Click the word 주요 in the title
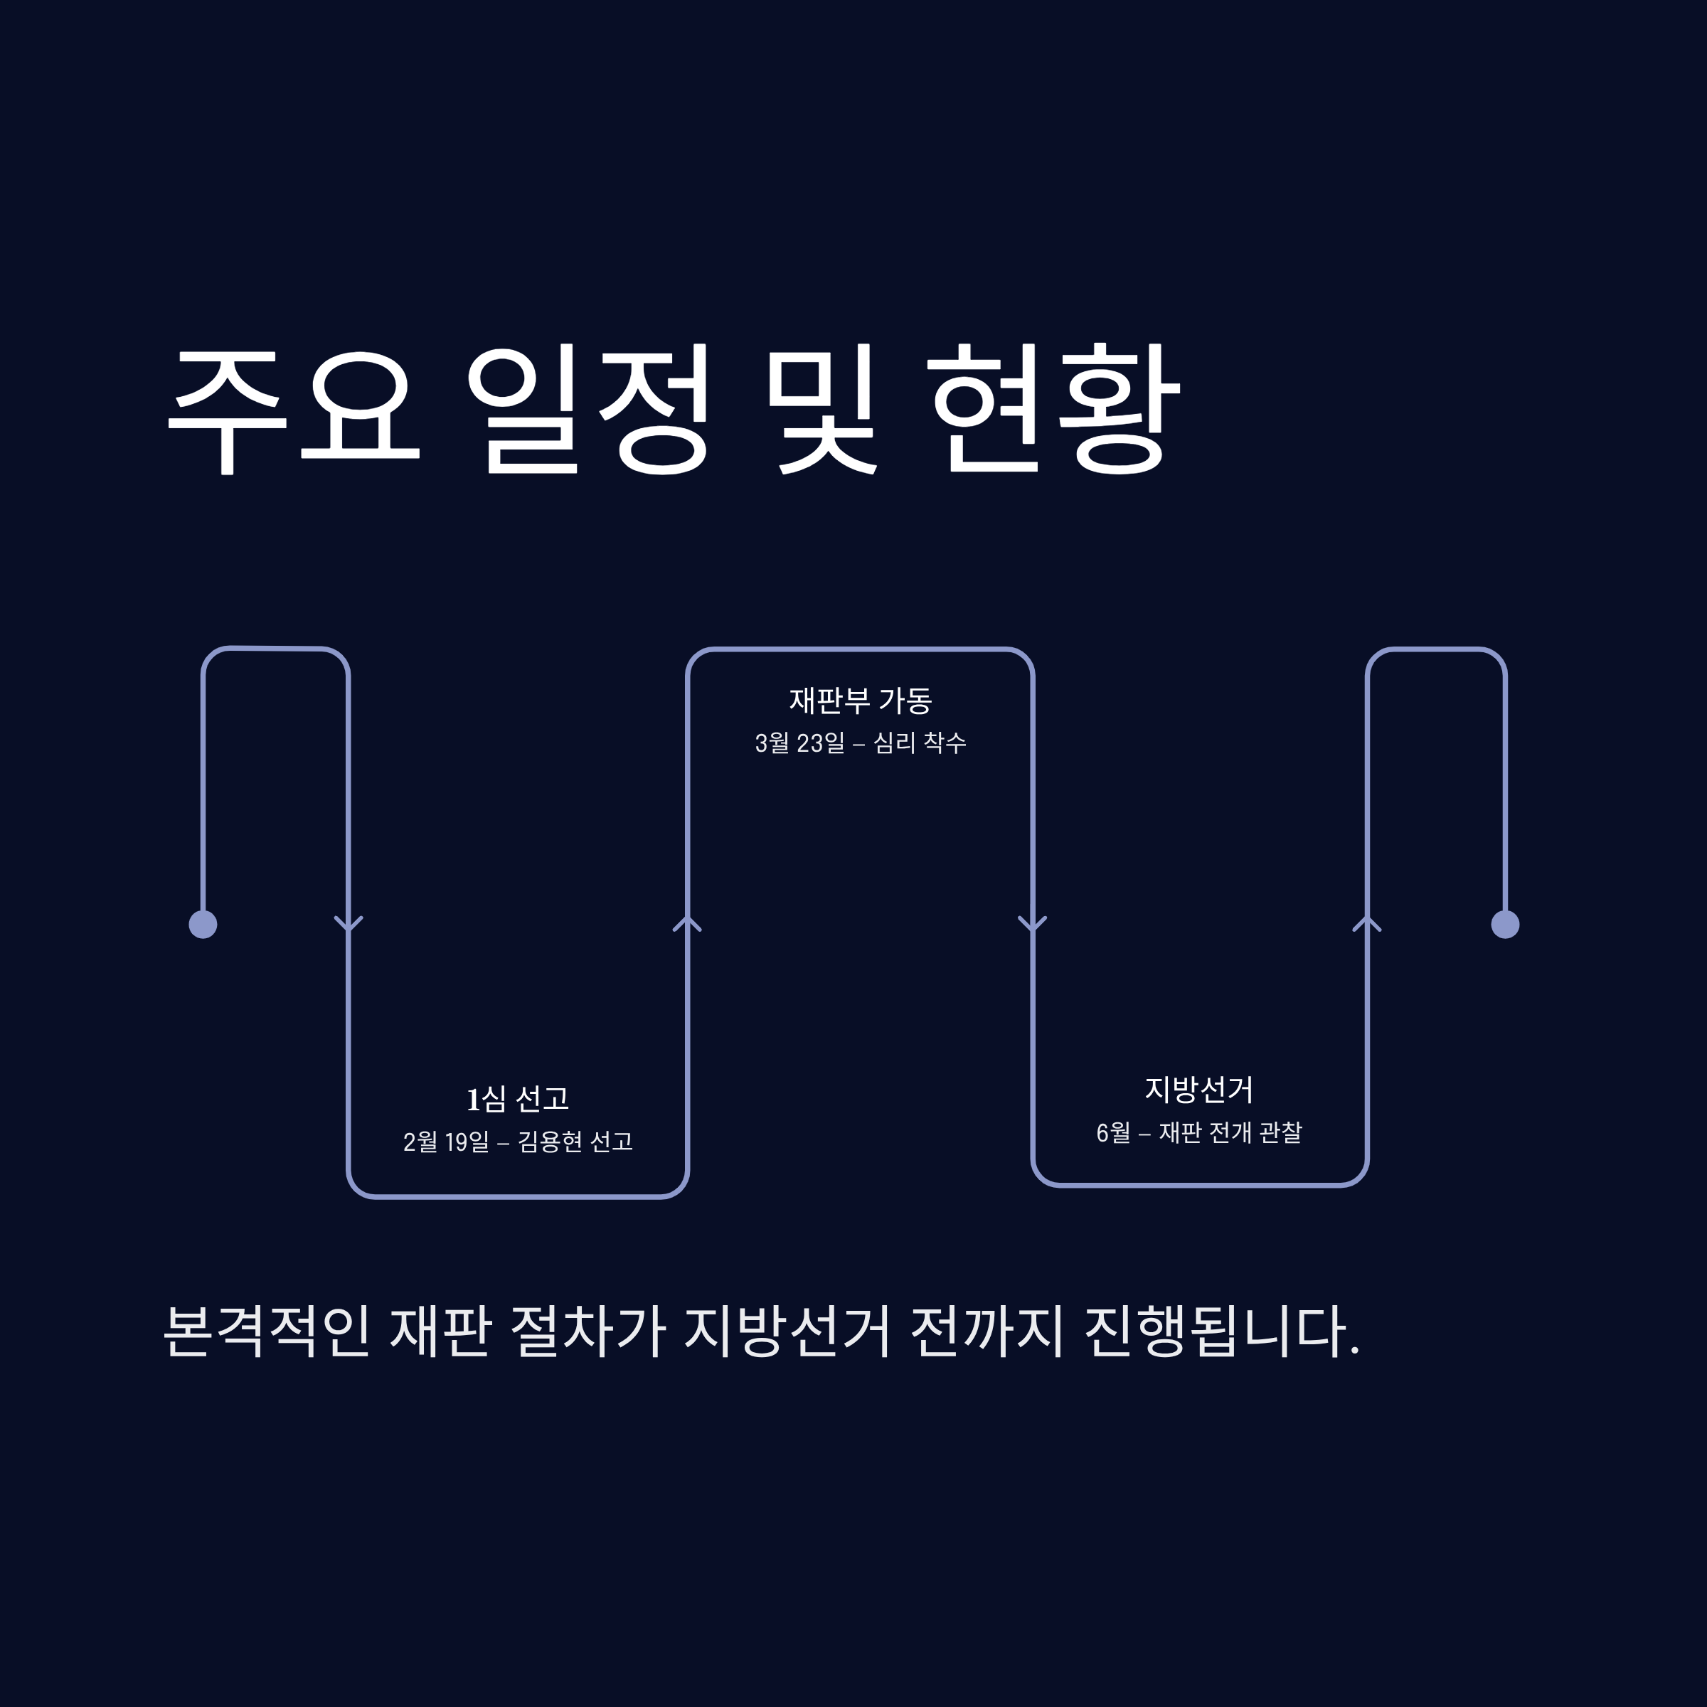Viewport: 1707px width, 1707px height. (292, 409)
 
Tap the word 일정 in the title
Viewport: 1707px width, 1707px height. (588, 409)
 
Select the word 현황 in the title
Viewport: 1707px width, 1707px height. (1055, 409)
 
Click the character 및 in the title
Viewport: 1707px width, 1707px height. (821, 409)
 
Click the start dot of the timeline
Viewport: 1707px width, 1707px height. (203, 924)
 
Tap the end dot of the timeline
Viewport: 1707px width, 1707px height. (1506, 924)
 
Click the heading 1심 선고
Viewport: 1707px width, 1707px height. (518, 1099)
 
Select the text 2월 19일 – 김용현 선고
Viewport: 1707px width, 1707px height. (518, 1142)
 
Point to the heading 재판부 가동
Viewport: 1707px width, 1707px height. (861, 701)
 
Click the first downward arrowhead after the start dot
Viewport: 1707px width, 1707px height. (348, 924)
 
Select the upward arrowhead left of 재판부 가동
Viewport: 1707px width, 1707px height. (687, 924)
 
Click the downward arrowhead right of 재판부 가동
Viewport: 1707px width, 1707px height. (1032, 924)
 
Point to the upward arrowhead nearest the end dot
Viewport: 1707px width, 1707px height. (1367, 924)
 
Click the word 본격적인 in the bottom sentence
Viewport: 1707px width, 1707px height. (267, 1331)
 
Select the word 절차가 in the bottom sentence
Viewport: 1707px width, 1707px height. (587, 1331)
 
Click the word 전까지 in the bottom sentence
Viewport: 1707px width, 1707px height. (987, 1331)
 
